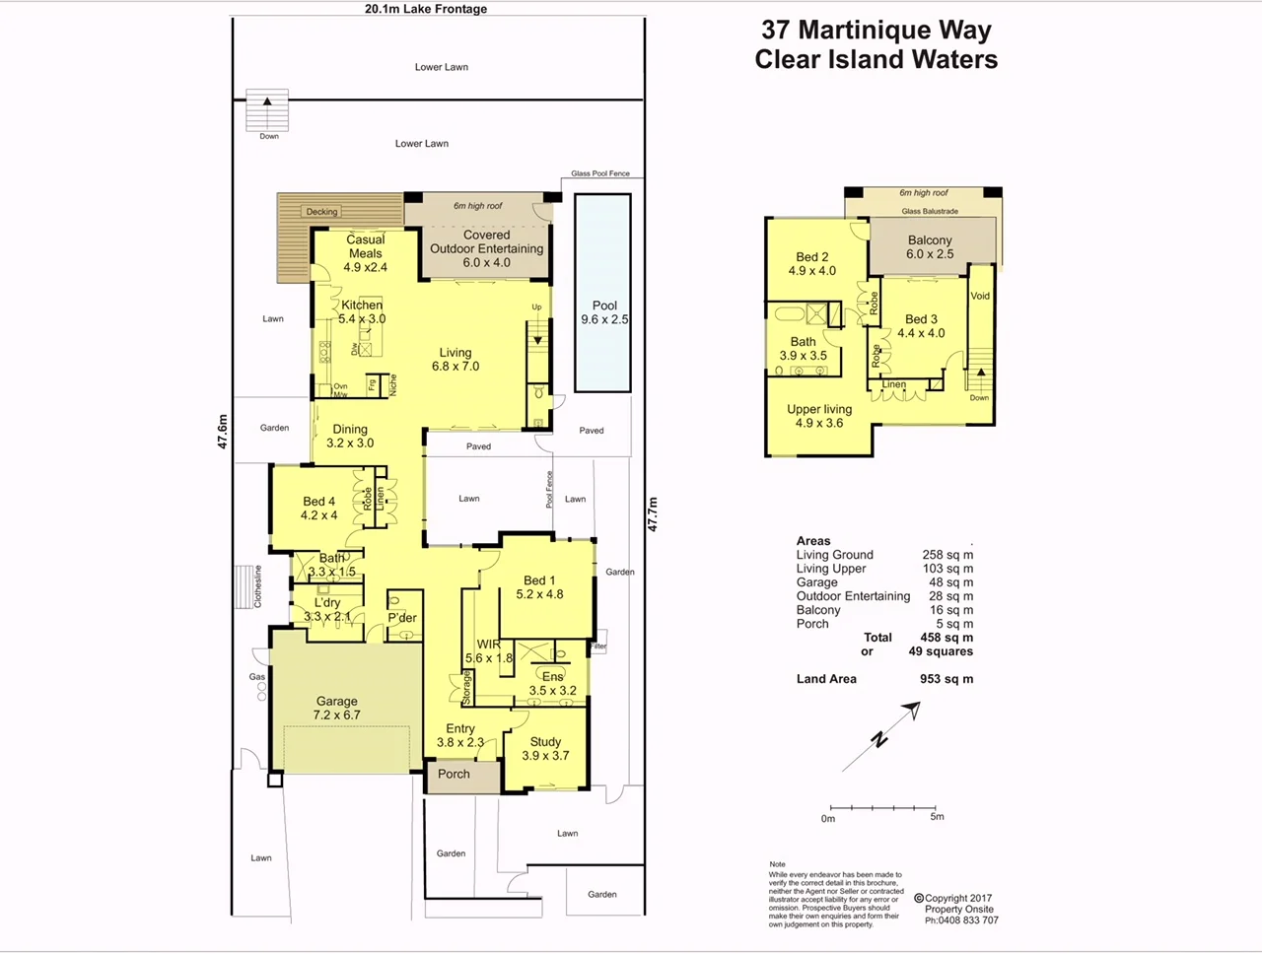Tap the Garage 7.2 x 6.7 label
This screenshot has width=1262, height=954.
tap(337, 708)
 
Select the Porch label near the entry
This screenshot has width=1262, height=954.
tap(454, 774)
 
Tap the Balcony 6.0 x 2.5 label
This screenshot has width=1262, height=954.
tap(930, 246)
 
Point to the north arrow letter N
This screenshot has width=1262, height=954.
tap(878, 740)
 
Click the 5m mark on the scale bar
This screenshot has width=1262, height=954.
tap(937, 817)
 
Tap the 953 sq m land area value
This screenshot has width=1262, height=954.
tap(946, 679)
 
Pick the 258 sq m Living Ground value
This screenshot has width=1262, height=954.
tap(947, 555)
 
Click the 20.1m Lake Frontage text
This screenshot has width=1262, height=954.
tap(426, 9)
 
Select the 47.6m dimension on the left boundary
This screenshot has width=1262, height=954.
tap(223, 432)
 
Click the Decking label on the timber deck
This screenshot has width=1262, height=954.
tap(321, 212)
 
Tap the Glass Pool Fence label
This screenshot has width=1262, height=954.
tap(599, 173)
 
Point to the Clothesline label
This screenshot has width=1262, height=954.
tap(258, 586)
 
